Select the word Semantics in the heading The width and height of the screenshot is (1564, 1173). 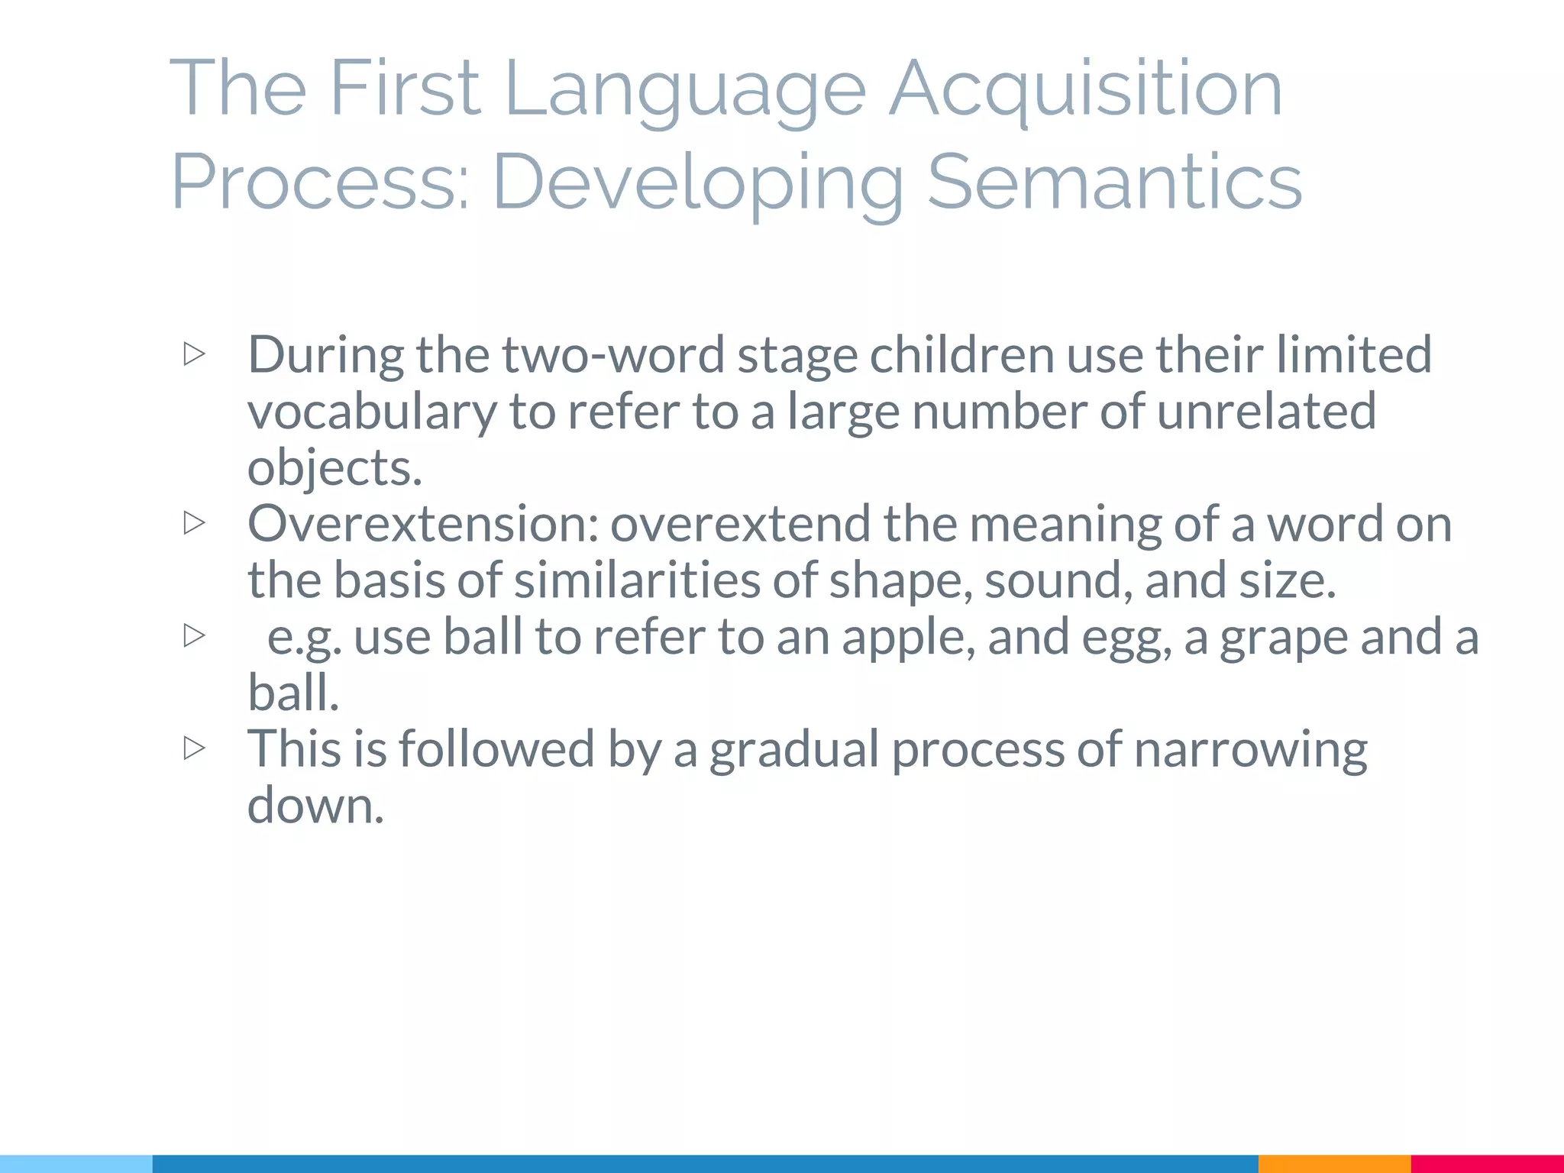pos(1114,182)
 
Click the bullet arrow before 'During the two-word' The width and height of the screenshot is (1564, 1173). pos(195,354)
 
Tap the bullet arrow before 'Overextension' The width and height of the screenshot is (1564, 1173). pos(195,523)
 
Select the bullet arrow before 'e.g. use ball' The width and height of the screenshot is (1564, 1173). pos(195,635)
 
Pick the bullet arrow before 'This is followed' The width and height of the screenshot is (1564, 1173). pos(195,748)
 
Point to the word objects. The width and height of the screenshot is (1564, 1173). pos(334,467)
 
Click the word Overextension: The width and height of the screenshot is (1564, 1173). pos(423,524)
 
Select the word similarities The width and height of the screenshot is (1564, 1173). pos(637,580)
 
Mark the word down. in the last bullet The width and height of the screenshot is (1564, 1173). pos(315,805)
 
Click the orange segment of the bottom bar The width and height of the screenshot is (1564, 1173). pos(1334,1164)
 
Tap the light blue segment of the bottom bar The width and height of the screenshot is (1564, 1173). pos(76,1164)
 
